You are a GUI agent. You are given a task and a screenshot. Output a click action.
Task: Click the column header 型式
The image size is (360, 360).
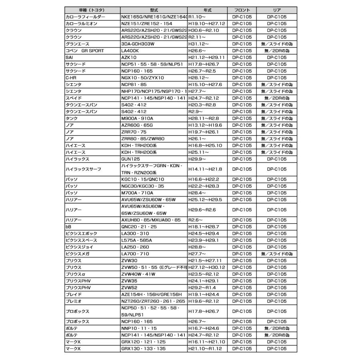154,10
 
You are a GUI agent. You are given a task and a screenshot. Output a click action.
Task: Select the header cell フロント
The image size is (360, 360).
242,10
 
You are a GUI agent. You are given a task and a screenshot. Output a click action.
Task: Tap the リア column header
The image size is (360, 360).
276,10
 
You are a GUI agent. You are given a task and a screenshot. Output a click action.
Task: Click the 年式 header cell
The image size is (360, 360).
208,10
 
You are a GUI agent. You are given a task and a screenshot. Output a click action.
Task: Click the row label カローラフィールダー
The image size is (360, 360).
85,17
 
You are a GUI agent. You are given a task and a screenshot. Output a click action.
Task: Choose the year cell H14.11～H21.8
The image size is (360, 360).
205,169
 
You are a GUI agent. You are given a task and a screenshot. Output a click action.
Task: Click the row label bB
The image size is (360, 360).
68,227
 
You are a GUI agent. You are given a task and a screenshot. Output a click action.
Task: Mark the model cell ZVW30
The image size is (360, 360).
129,261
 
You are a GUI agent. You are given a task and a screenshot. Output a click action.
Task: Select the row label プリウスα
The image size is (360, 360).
76,274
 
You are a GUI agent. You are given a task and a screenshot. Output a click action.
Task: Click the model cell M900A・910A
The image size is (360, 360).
137,118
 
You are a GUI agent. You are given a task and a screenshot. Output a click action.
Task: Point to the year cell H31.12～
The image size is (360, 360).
199,44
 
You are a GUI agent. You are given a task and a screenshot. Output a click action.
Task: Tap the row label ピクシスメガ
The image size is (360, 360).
78,254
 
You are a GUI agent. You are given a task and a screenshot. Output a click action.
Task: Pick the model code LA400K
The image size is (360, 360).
130,51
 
